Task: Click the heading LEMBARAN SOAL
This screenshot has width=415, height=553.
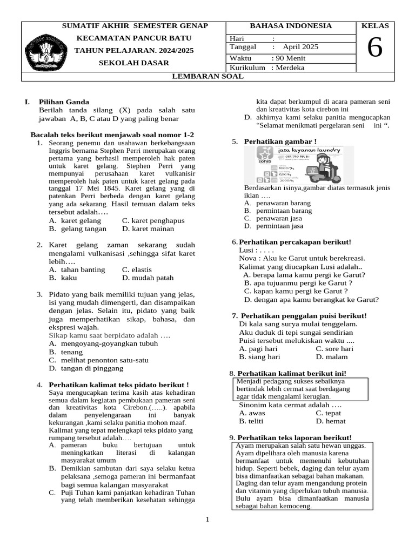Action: coord(207,77)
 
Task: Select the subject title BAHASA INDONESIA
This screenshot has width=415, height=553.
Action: coord(291,26)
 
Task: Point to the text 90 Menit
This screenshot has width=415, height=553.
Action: coord(290,58)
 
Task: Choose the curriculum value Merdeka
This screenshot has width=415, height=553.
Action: coord(290,68)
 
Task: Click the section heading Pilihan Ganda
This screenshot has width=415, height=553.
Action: coord(64,102)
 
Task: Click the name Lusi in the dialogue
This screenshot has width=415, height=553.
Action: coord(246,251)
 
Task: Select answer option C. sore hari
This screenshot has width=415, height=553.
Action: coord(334,349)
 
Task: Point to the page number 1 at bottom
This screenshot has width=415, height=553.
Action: coord(207,520)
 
